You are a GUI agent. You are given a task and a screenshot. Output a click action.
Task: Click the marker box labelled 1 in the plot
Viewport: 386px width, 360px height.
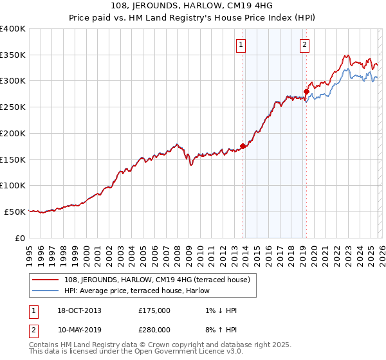pyautogui.click(x=241, y=45)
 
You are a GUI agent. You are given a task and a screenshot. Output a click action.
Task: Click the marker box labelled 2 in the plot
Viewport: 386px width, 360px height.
pyautogui.click(x=304, y=45)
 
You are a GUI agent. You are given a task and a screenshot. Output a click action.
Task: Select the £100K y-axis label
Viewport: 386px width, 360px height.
pyautogui.click(x=13, y=186)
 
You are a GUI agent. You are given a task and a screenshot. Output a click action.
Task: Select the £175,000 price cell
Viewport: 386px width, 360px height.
pyautogui.click(x=154, y=310)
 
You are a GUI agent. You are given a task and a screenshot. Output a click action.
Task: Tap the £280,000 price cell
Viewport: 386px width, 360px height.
pyautogui.click(x=154, y=329)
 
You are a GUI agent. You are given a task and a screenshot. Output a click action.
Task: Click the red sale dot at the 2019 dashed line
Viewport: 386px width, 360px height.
pyautogui.click(x=306, y=91)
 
